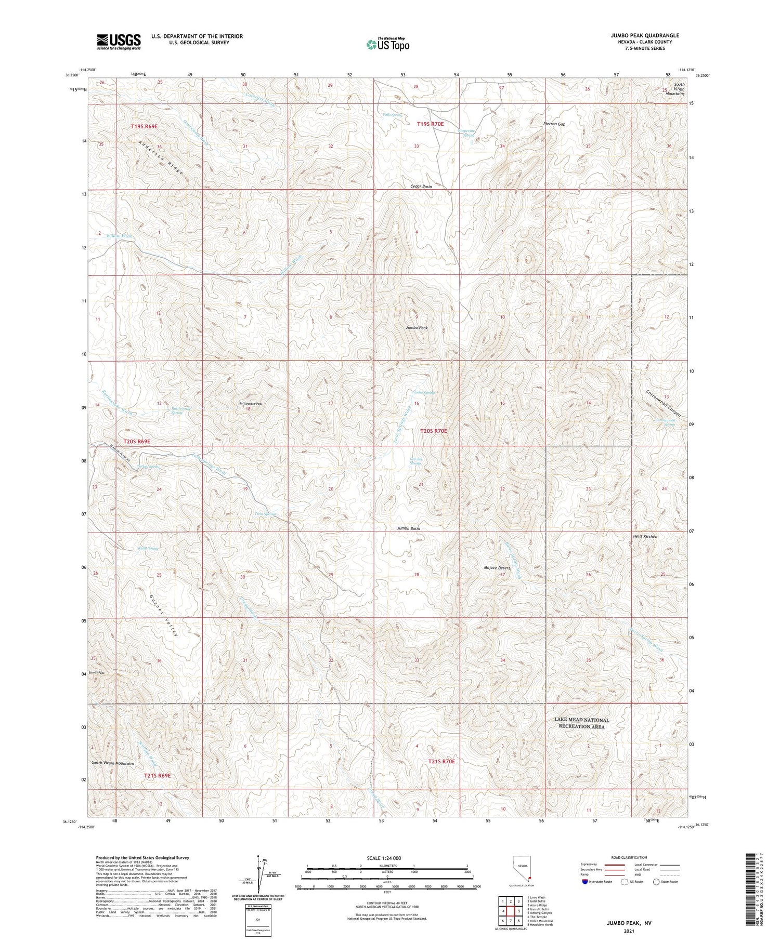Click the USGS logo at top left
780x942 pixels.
pyautogui.click(x=119, y=41)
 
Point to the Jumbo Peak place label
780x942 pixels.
pyautogui.click(x=417, y=328)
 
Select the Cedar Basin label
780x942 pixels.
pyautogui.click(x=421, y=186)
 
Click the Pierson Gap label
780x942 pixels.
pyautogui.click(x=554, y=124)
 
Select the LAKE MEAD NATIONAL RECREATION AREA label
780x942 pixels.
pyautogui.click(x=581, y=723)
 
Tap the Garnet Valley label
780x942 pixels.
pyautogui.click(x=164, y=616)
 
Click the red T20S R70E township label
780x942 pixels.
pyautogui.click(x=433, y=431)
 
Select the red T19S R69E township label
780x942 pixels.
pyautogui.click(x=144, y=126)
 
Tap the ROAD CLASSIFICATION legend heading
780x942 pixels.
pyautogui.click(x=629, y=857)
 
